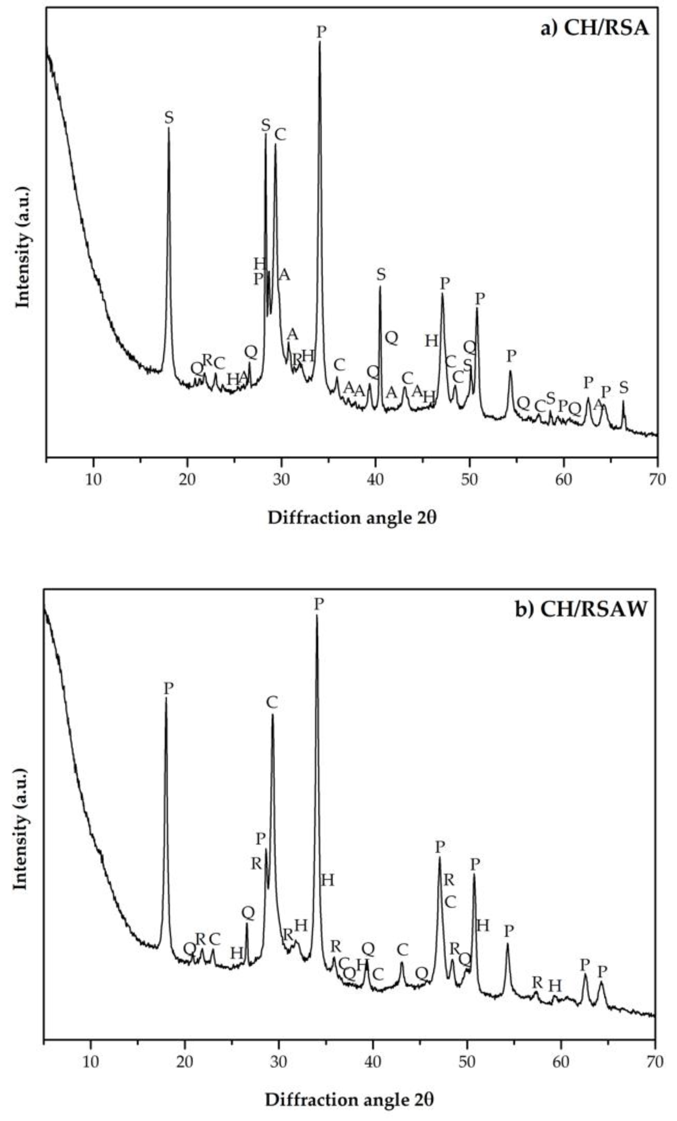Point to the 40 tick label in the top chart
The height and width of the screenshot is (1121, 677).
375,479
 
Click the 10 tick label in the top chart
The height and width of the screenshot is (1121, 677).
93,479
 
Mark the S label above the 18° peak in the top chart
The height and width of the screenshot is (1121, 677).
169,118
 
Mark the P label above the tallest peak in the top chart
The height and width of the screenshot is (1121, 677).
321,32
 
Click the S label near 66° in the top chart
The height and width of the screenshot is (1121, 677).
624,388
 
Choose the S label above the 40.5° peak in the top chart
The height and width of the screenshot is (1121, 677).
381,274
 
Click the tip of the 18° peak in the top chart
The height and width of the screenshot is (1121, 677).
169,128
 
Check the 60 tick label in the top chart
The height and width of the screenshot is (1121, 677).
563,479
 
